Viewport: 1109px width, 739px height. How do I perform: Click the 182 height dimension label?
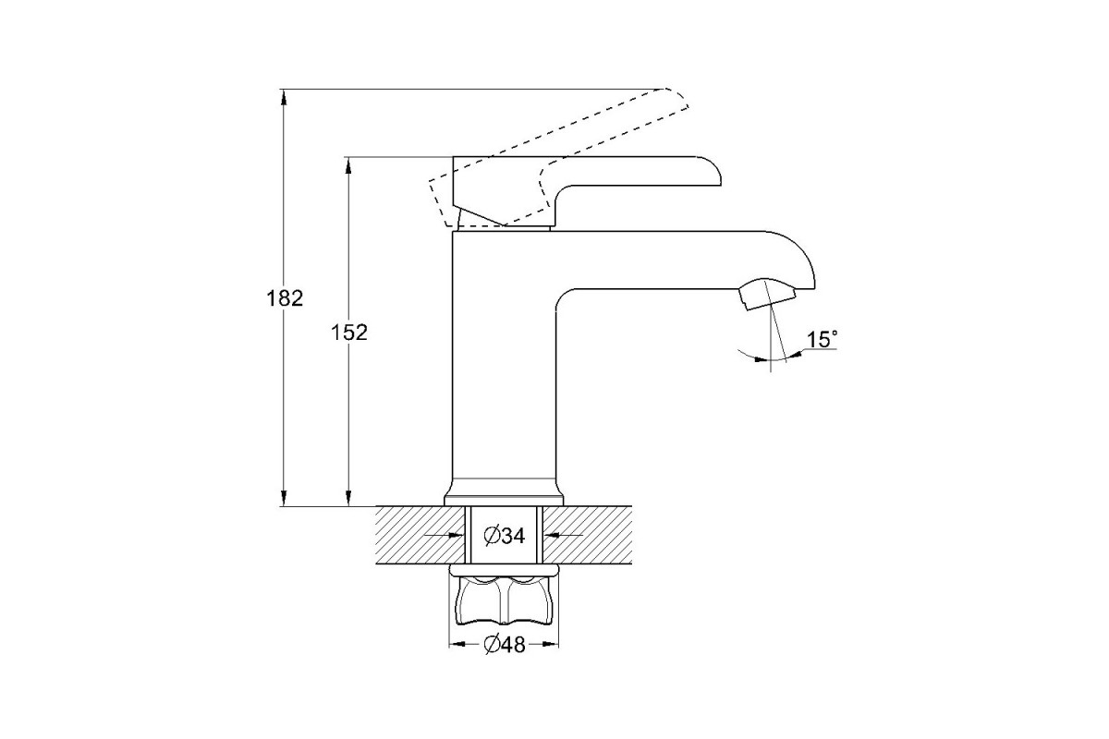(x=285, y=298)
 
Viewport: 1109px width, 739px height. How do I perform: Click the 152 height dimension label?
(x=349, y=333)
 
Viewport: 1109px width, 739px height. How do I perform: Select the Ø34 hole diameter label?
(x=505, y=536)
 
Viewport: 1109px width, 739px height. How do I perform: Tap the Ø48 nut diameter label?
(x=505, y=645)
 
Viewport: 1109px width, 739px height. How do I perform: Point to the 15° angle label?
(x=822, y=340)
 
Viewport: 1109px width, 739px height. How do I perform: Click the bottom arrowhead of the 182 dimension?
(x=283, y=499)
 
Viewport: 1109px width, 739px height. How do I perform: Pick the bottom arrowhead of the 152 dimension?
(x=348, y=499)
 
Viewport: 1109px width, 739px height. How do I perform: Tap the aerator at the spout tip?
(x=767, y=295)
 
